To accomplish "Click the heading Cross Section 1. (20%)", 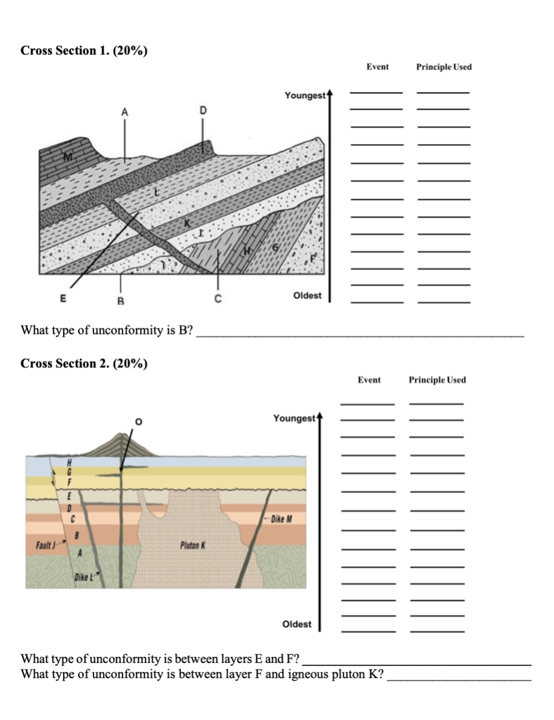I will coord(84,50).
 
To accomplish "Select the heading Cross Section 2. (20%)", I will coord(84,364).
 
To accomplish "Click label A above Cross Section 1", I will coord(125,111).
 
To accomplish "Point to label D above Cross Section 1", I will coord(203,110).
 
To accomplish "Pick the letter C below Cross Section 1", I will coord(218,298).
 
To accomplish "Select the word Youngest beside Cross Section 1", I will coord(305,95).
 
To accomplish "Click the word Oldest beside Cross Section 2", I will coord(297,624).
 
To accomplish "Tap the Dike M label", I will coord(281,519).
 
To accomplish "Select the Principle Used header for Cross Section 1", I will coord(444,67).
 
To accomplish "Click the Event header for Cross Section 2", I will coord(369,380).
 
